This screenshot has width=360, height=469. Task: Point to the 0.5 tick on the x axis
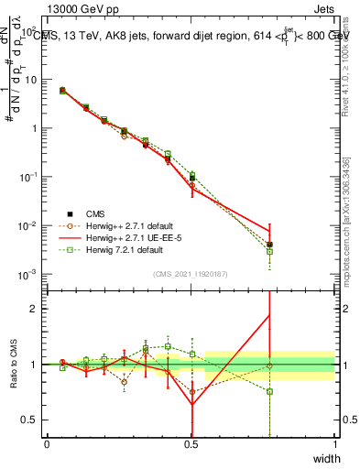coord(191,444)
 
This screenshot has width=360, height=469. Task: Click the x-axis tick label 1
coord(334,444)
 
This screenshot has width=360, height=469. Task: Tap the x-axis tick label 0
coord(47,444)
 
